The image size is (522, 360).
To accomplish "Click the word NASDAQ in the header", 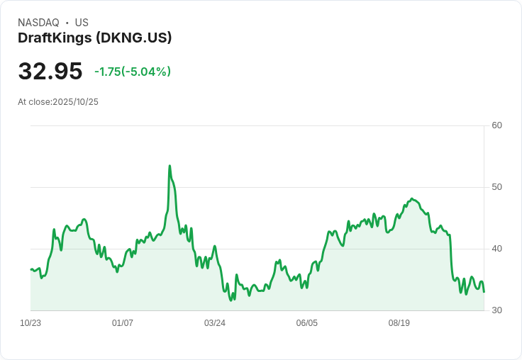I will [38, 23].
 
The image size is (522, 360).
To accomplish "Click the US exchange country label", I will [82, 23].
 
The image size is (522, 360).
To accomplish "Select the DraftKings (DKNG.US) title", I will [94, 38].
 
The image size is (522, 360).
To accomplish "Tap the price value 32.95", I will [50, 72].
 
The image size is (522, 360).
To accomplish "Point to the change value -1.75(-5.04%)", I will [133, 72].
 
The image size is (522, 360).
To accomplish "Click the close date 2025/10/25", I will [75, 102].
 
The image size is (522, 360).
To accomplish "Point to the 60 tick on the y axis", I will [496, 126].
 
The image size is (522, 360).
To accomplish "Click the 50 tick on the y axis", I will [496, 187].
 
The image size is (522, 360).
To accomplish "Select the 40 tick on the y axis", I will [496, 249].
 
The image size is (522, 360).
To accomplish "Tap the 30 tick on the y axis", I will [496, 310].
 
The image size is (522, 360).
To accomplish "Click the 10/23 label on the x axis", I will [30, 323].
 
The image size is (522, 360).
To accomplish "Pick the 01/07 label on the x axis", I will [123, 323].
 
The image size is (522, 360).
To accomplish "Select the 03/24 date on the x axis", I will [215, 323].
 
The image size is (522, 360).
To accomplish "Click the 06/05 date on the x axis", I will [307, 323].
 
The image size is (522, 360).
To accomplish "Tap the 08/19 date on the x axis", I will [399, 323].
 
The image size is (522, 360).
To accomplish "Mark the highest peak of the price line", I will [170, 166].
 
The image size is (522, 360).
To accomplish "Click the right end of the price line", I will [484, 291].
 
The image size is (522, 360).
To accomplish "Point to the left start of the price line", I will [31, 269].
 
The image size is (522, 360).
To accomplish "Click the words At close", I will [34, 102].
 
